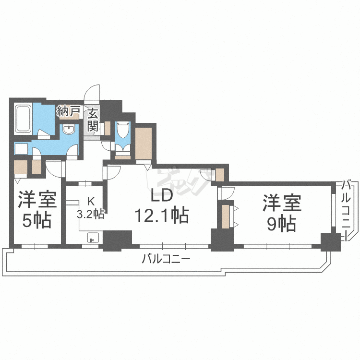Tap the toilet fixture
tap(123, 130)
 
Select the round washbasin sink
tap(69, 130)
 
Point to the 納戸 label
tap(69, 111)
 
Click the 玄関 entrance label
tap(93, 120)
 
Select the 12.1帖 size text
tap(162, 216)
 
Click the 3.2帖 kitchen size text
tap(91, 215)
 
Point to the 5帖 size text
tap(37, 221)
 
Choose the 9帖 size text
tap(281, 224)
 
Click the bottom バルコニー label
tap(166, 259)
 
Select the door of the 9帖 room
tap(226, 193)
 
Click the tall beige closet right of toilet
tap(144, 144)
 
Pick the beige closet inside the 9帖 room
tap(226, 216)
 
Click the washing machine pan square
tap(21, 149)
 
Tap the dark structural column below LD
tap(117, 240)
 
